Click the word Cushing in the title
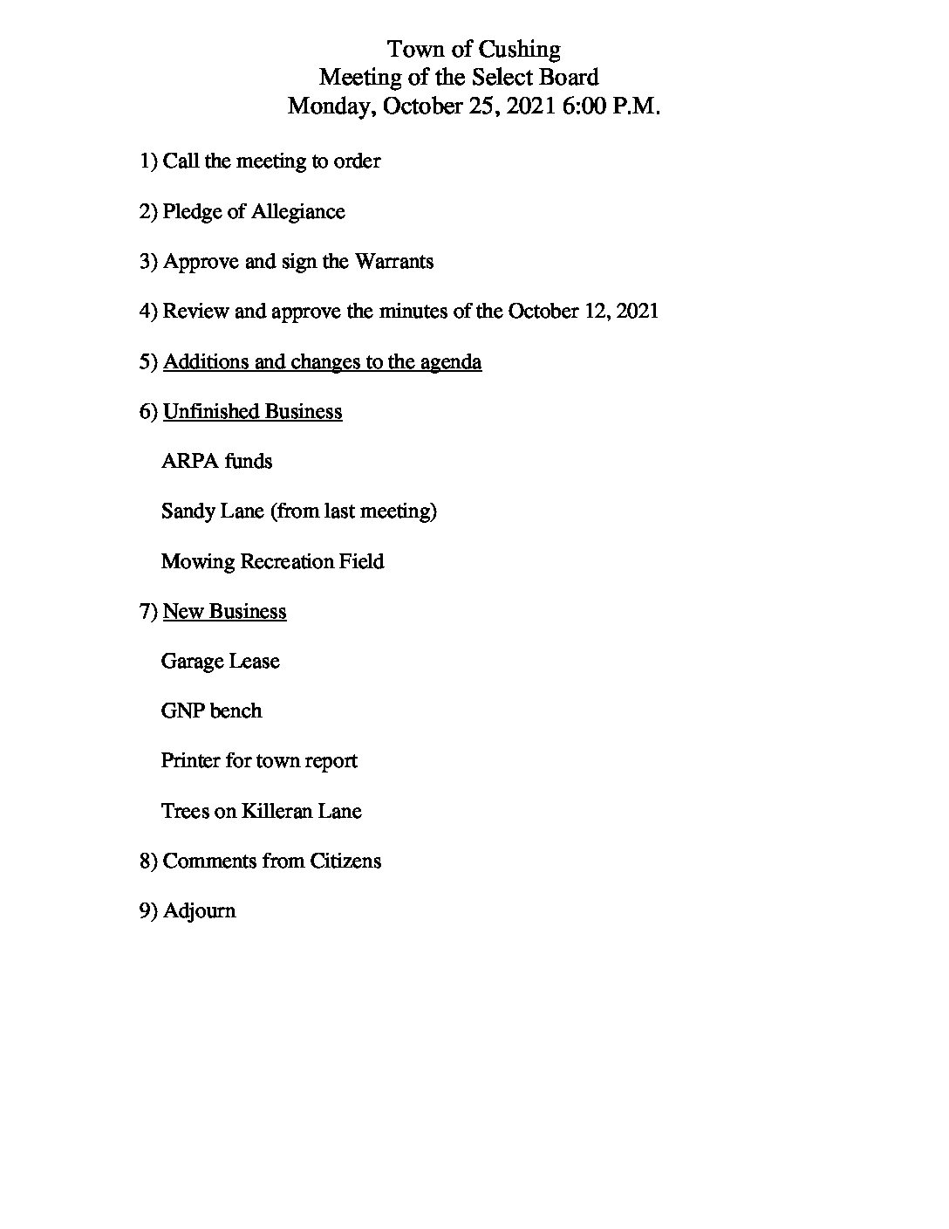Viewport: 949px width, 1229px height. coord(519,50)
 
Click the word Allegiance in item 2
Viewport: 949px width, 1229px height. coord(298,212)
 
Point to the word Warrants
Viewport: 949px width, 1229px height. coord(393,262)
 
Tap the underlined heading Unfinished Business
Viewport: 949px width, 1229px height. coord(252,411)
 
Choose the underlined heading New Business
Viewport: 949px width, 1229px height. coord(224,611)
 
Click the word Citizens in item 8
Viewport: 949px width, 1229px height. coord(345,861)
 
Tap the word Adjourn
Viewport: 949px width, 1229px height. coord(199,911)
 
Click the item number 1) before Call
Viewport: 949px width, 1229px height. coord(148,161)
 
